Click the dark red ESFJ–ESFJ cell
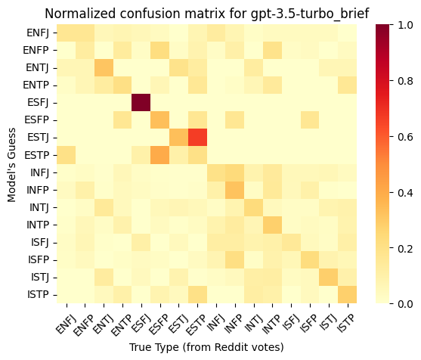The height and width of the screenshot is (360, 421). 141,103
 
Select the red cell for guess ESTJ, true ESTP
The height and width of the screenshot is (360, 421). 197,138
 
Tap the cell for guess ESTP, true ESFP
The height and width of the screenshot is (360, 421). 159,155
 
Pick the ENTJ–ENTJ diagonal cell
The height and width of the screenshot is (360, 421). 104,68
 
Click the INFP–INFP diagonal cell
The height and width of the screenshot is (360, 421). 235,190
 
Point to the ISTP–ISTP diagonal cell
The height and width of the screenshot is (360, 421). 348,295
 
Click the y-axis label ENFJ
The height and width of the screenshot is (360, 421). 38,33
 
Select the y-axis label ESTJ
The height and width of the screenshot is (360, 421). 38,138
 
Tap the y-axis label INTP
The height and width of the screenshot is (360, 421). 38,225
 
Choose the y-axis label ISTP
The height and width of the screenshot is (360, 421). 38,295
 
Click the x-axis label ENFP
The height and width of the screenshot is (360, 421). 83,325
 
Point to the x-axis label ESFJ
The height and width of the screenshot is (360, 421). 140,324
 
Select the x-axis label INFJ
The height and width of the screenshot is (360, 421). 215,324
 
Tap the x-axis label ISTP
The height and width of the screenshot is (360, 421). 346,324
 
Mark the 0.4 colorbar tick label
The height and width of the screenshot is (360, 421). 405,193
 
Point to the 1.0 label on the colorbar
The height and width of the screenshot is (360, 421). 405,25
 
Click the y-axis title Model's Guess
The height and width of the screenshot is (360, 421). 11,165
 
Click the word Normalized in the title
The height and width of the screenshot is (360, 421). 80,14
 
